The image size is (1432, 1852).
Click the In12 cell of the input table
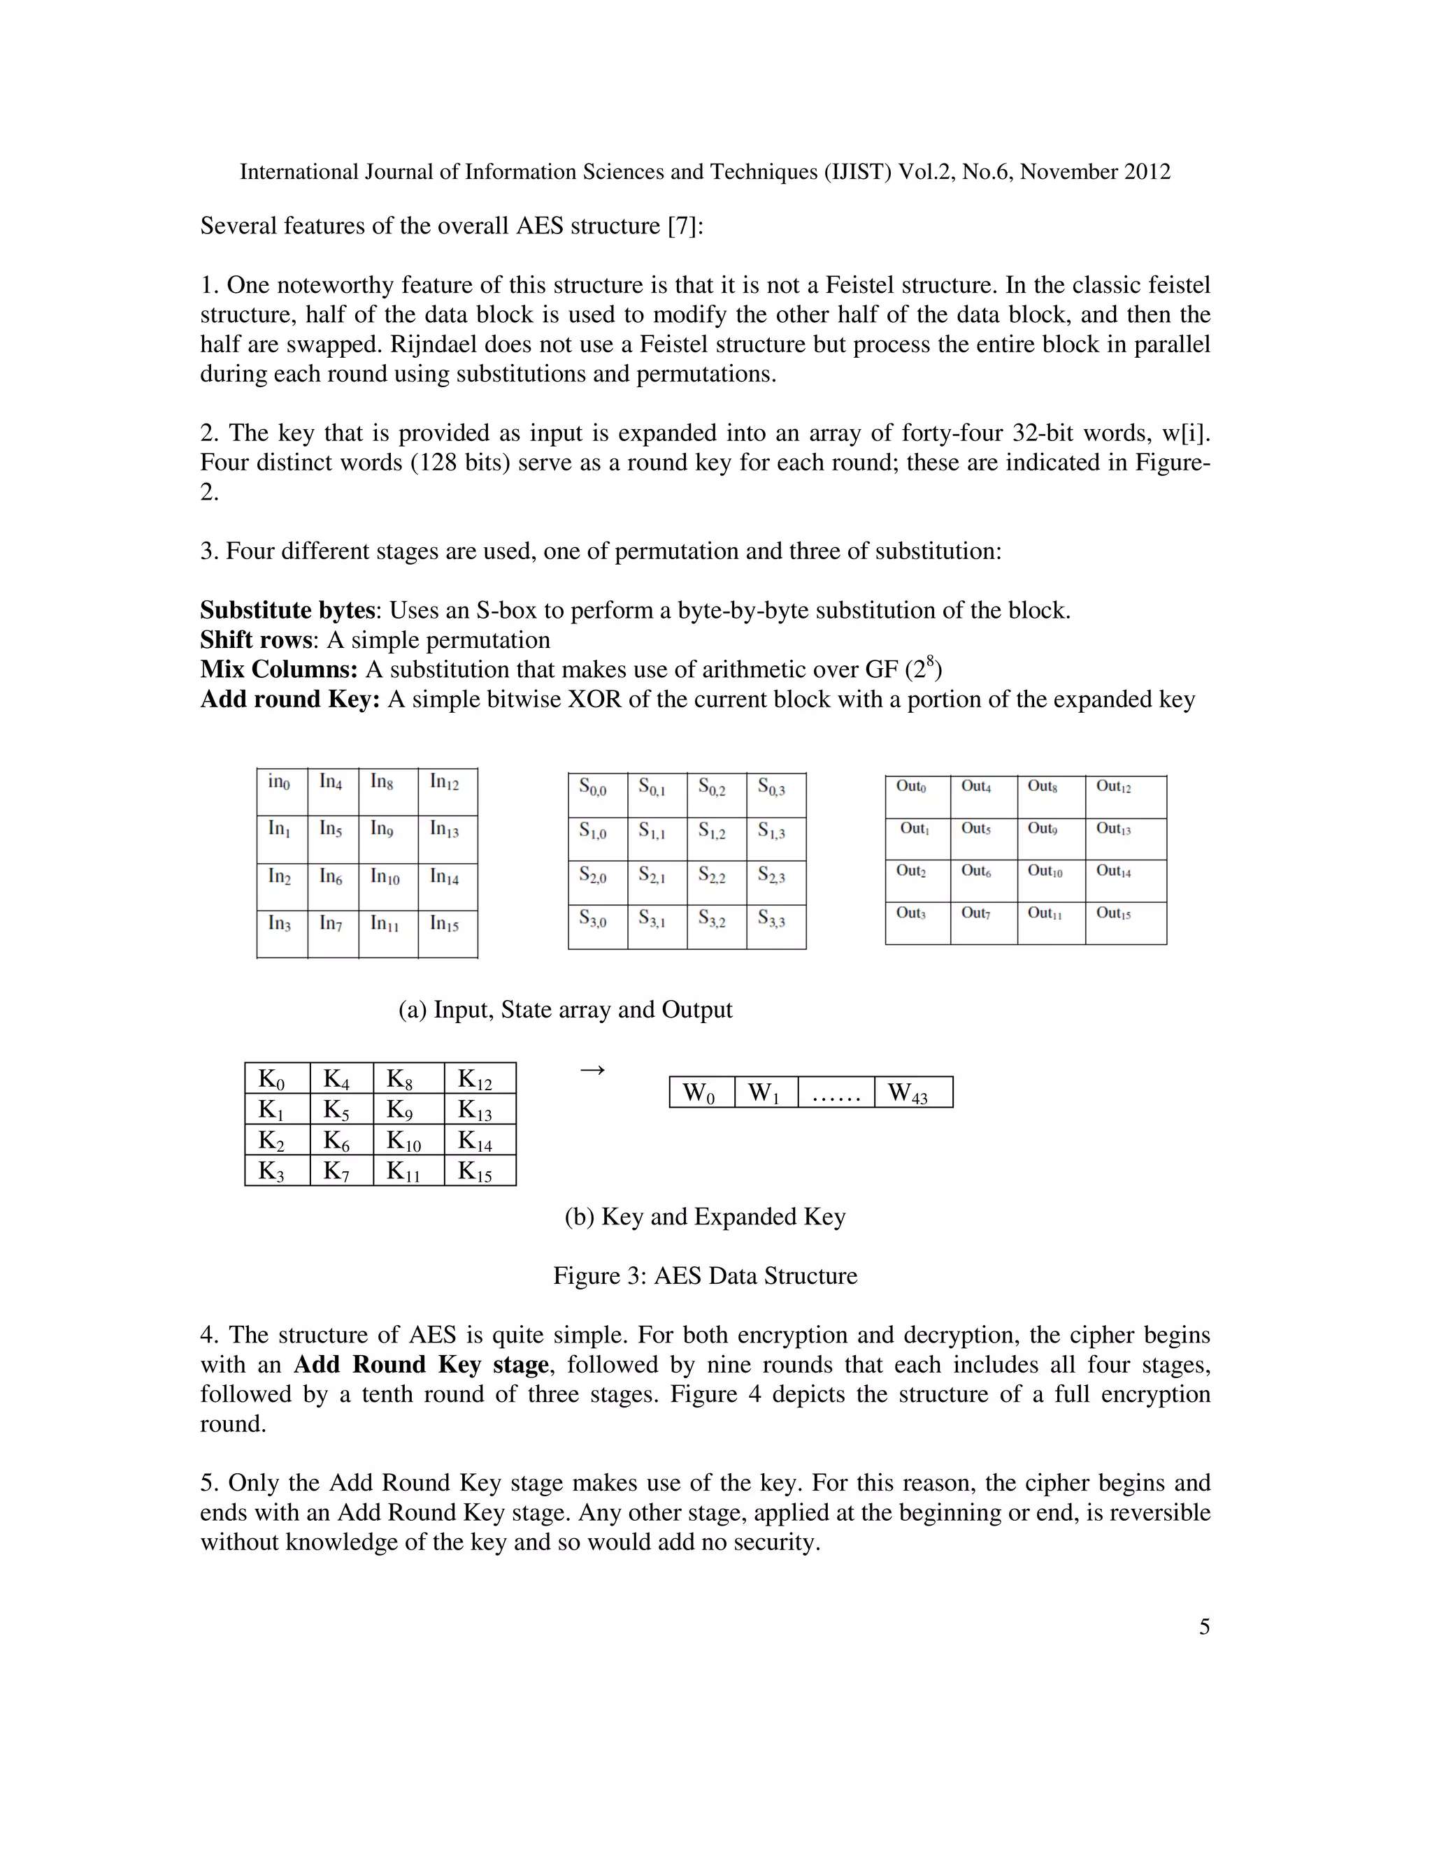(447, 792)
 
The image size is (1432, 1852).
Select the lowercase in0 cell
(282, 792)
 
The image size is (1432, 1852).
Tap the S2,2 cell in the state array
(716, 883)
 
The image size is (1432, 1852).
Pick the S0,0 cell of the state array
(597, 795)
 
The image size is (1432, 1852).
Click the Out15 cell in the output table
(1125, 923)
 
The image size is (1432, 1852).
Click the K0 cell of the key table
(277, 1078)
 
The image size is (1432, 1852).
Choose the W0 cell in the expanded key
(701, 1092)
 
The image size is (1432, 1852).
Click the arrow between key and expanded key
(592, 1070)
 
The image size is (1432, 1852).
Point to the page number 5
(1204, 1626)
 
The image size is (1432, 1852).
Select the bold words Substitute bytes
(287, 611)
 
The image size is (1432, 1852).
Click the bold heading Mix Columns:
(279, 670)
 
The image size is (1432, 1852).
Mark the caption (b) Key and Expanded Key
(705, 1216)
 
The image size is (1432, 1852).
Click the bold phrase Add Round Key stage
(421, 1364)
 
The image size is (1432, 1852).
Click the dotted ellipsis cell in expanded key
(836, 1092)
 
